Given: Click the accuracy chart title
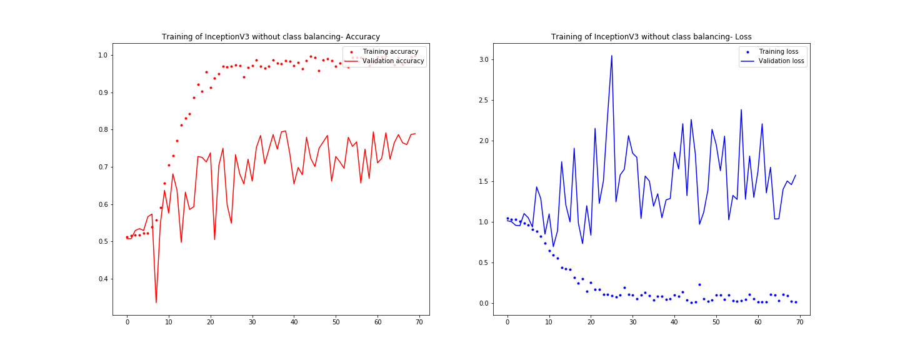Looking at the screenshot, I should click(x=271, y=37).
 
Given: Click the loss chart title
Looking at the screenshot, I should click(x=651, y=37).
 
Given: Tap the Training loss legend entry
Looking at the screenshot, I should click(x=777, y=51).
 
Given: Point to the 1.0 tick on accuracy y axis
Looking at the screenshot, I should click(x=103, y=55).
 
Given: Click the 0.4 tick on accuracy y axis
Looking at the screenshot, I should click(x=103, y=279).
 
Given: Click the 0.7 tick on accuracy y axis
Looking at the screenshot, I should click(x=103, y=167).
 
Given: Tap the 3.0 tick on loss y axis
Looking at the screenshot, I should click(x=483, y=59).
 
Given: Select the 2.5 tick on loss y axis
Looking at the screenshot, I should click(x=483, y=100).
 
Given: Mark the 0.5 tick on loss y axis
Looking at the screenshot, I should click(x=483, y=262).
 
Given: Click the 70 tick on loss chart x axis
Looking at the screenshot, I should click(x=799, y=322).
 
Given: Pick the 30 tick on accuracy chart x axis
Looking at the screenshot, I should click(x=252, y=322).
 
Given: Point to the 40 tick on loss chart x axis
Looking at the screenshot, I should click(x=674, y=322).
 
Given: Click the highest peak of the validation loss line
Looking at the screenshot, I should click(x=611, y=56).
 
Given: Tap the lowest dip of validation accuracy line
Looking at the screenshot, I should click(x=156, y=302).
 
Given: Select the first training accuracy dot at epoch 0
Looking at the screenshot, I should click(x=127, y=237).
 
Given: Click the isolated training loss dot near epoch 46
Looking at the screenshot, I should click(x=699, y=284).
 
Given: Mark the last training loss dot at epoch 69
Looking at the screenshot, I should click(x=795, y=302).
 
